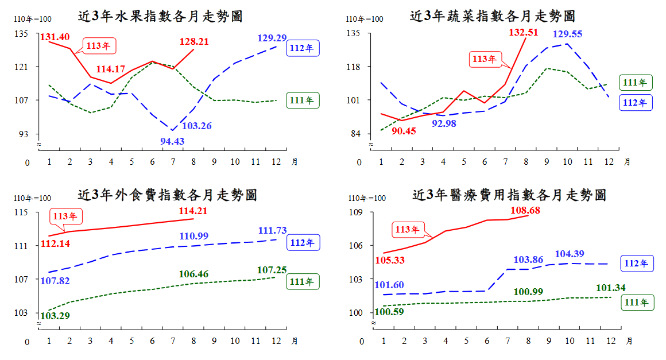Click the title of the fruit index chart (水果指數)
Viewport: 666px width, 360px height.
tap(160, 16)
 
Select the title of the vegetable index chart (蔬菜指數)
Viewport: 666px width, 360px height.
tap(493, 16)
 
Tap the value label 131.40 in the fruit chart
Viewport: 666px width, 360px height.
tap(55, 37)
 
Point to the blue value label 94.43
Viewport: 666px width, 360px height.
tap(172, 141)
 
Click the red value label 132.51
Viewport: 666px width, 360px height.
tap(523, 32)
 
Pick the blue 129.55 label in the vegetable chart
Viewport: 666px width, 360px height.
tap(567, 34)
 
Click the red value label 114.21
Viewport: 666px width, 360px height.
tap(193, 211)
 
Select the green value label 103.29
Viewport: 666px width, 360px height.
tap(55, 316)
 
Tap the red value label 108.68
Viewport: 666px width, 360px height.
tap(525, 210)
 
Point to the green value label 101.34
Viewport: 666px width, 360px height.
tap(611, 288)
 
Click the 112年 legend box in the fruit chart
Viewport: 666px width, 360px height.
tap(303, 48)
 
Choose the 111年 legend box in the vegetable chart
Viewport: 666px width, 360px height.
tap(636, 82)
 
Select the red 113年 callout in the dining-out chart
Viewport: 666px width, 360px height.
tap(66, 216)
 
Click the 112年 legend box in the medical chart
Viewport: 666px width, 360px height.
tap(637, 264)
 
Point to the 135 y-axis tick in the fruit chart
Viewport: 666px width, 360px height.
tap(21, 33)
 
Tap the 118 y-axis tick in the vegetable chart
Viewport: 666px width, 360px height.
tap(353, 67)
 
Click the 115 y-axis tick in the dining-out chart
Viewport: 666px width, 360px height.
tap(21, 212)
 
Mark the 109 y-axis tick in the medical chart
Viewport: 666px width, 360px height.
tap(355, 212)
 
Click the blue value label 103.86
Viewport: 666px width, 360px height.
tap(528, 260)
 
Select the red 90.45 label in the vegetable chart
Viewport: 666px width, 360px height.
tap(404, 131)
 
